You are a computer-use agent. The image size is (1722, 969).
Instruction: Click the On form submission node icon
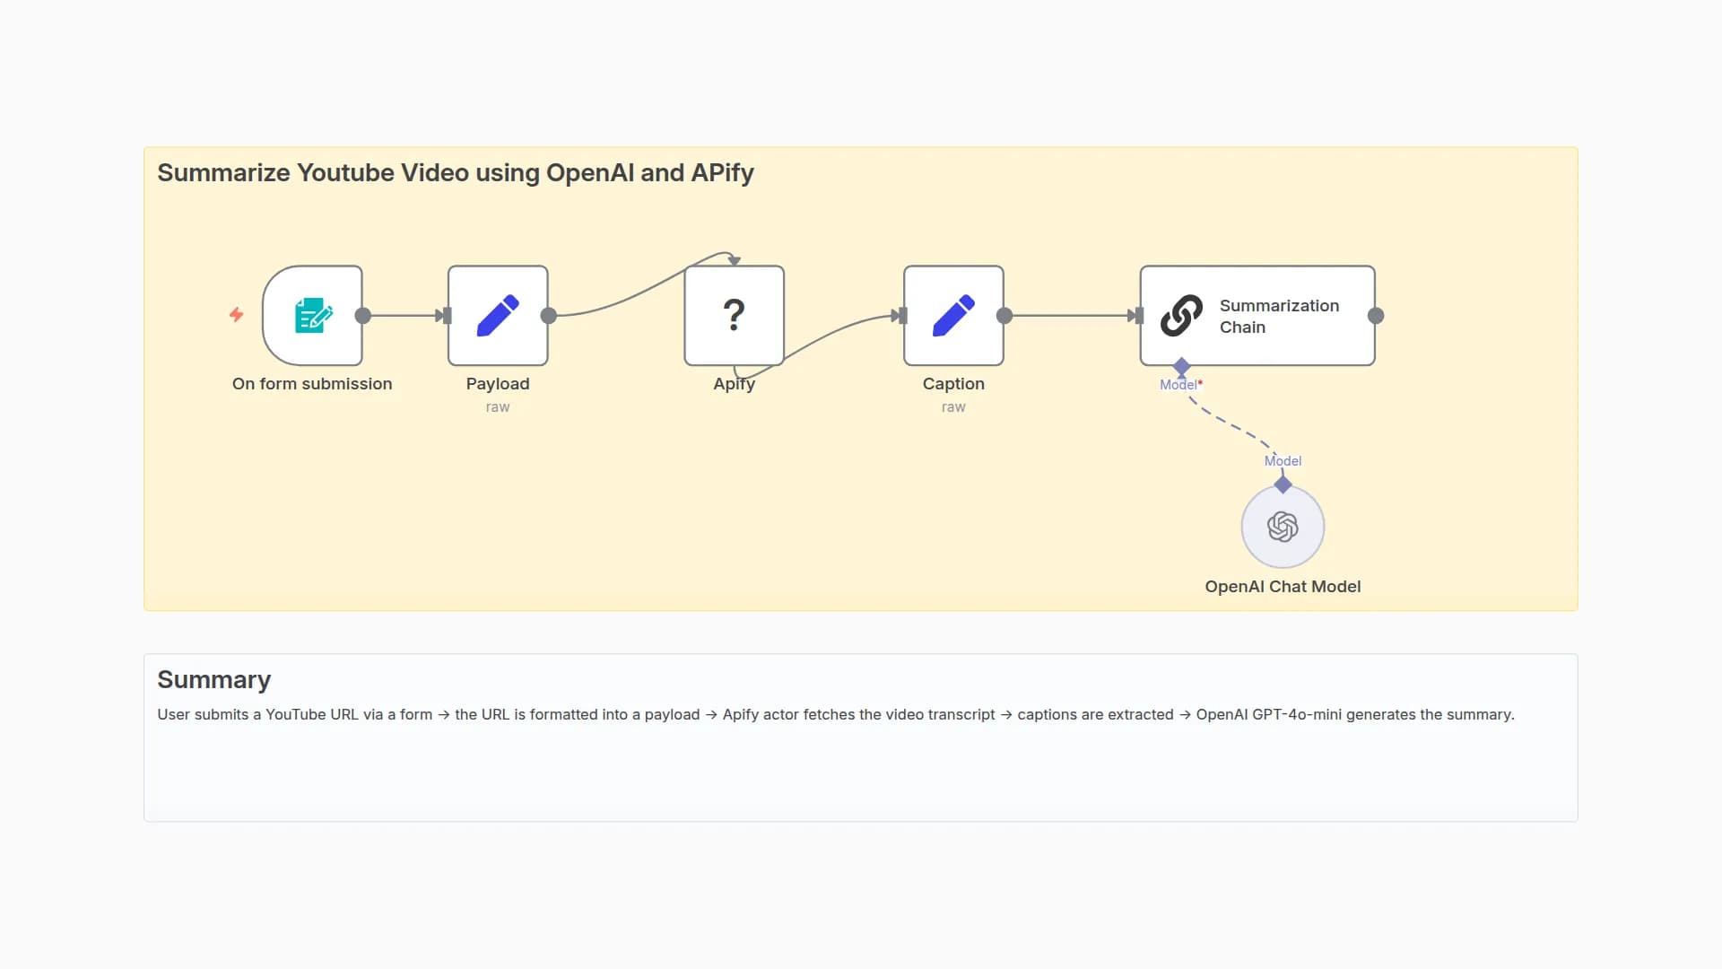pyautogui.click(x=313, y=316)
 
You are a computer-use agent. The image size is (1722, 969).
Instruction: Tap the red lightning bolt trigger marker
pyautogui.click(x=237, y=314)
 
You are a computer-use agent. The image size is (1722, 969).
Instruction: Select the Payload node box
pyautogui.click(x=498, y=316)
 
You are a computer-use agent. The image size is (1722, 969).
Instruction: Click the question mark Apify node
pyautogui.click(x=734, y=316)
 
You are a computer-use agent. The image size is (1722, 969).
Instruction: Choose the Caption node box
pyautogui.click(x=953, y=316)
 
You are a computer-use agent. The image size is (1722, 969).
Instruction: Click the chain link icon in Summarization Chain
pyautogui.click(x=1181, y=316)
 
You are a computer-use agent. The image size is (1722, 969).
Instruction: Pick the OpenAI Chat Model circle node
pyautogui.click(x=1283, y=528)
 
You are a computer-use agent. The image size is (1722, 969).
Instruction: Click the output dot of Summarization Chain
pyautogui.click(x=1376, y=316)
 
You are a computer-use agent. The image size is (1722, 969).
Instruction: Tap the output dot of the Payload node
pyautogui.click(x=549, y=316)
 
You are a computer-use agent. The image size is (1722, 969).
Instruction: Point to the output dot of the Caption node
pyautogui.click(x=1004, y=316)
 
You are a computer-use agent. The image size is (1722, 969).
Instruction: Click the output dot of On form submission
pyautogui.click(x=363, y=316)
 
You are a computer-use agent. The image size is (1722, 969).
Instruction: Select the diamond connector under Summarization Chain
pyautogui.click(x=1182, y=366)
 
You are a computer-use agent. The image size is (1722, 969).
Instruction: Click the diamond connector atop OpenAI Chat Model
pyautogui.click(x=1283, y=485)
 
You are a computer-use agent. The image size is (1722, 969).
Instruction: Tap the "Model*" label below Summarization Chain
pyautogui.click(x=1180, y=385)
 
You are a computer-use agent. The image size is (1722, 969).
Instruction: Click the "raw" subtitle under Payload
pyautogui.click(x=498, y=407)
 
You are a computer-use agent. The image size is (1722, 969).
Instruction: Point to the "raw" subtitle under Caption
pyautogui.click(x=953, y=407)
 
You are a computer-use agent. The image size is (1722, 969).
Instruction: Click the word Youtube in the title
pyautogui.click(x=345, y=173)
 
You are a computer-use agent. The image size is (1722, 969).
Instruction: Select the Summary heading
pyautogui.click(x=213, y=680)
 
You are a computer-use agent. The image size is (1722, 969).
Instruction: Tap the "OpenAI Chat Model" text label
pyautogui.click(x=1283, y=587)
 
